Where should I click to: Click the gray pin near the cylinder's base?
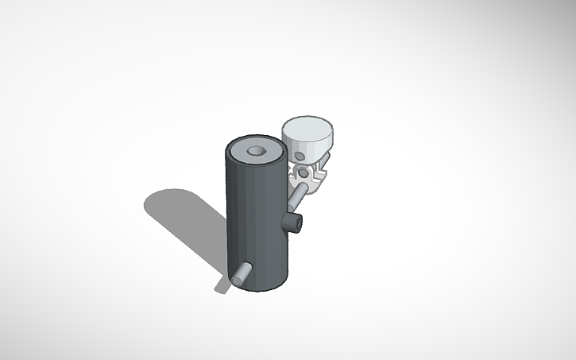[242, 273]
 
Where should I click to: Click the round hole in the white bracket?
[304, 172]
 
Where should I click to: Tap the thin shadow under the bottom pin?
[222, 285]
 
